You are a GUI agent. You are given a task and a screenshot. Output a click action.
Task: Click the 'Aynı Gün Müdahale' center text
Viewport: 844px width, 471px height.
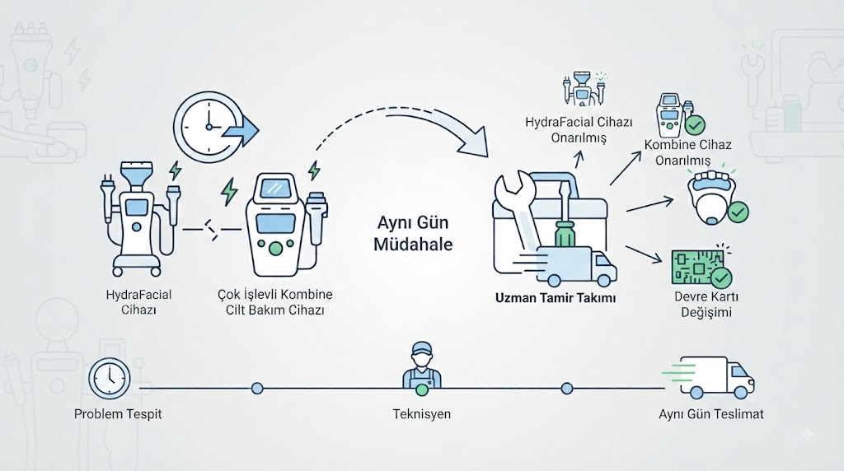413,233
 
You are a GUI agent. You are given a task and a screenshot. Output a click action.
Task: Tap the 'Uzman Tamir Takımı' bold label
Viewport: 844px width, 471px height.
556,298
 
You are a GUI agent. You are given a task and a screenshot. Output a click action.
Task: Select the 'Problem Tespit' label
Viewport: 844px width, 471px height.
118,414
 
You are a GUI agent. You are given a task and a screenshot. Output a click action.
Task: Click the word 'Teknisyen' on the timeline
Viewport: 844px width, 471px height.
421,414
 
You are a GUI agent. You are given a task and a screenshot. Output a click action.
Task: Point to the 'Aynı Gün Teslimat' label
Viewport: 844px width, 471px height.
711,414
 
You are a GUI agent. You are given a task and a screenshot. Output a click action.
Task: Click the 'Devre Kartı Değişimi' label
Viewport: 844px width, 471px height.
706,305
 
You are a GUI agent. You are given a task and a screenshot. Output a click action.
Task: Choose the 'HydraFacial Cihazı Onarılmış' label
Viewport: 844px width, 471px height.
579,129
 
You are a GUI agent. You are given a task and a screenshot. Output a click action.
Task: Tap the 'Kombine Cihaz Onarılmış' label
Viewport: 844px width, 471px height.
687,152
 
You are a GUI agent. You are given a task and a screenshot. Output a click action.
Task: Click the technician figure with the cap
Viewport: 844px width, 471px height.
421,366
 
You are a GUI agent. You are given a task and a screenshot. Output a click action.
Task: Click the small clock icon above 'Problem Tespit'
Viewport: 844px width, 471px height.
110,378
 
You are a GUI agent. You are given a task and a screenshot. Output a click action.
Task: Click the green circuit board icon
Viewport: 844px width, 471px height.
698,267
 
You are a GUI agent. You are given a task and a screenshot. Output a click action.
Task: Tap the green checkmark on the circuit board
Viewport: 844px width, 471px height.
721,277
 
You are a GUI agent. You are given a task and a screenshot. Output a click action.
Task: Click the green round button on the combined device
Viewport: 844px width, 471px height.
275,248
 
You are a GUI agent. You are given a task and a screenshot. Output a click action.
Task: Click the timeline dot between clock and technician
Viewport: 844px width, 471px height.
257,388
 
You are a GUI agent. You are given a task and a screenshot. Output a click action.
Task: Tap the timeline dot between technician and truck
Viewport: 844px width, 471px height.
567,388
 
